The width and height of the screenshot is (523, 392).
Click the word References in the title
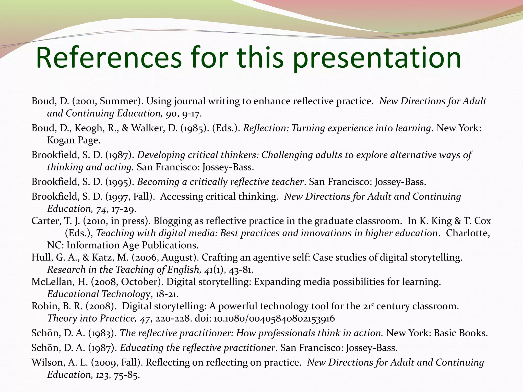pos(109,58)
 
